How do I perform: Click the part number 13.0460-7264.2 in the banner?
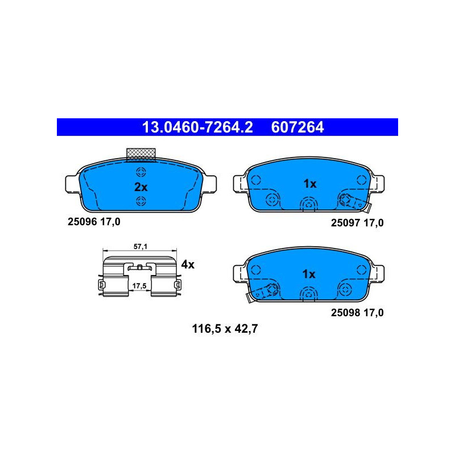click(x=197, y=127)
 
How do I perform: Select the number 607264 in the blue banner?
click(x=297, y=127)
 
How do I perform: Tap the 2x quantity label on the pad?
click(x=140, y=187)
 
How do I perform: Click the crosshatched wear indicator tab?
click(x=140, y=155)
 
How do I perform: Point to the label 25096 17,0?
click(x=94, y=222)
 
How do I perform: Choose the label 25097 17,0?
click(x=357, y=223)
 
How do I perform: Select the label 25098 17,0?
click(x=357, y=312)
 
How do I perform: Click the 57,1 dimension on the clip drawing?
click(x=140, y=247)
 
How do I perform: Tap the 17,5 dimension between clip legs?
click(x=139, y=286)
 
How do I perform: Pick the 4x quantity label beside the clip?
click(x=188, y=264)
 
